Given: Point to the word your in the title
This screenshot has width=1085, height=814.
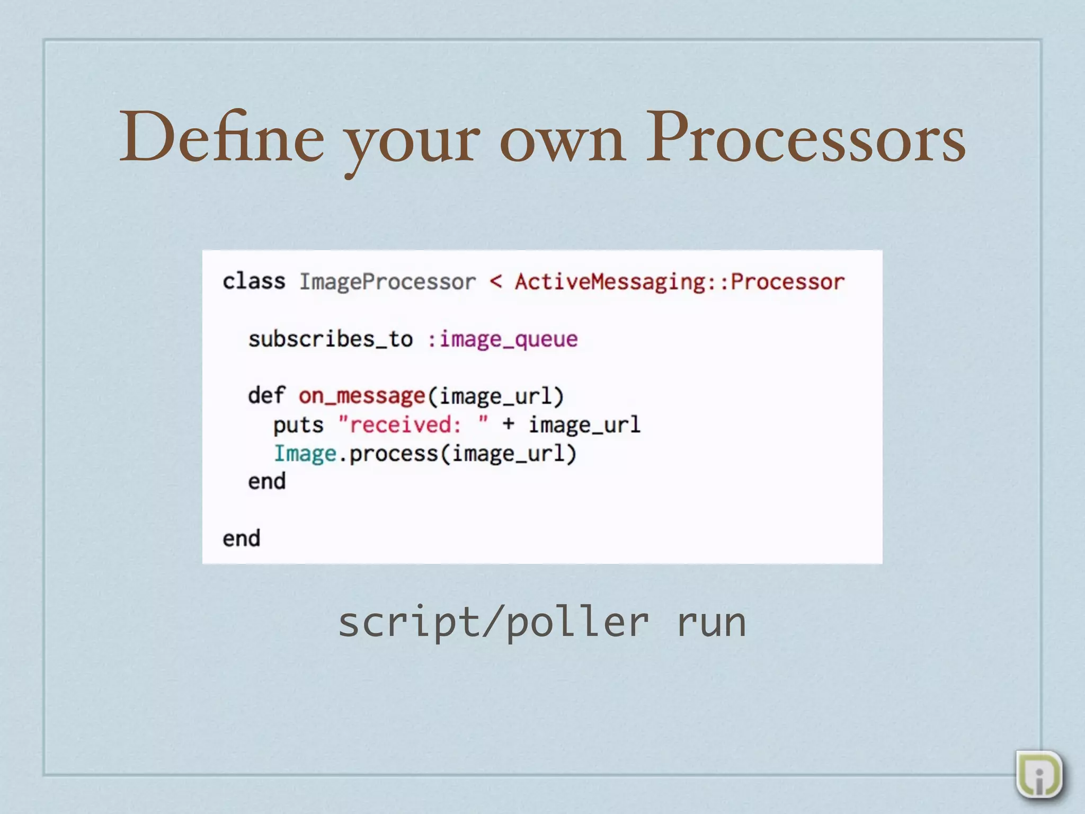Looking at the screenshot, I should pyautogui.click(x=413, y=142).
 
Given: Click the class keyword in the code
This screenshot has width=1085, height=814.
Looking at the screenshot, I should pyautogui.click(x=254, y=281).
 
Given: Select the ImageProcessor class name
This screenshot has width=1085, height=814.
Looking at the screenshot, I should pyautogui.click(x=387, y=282).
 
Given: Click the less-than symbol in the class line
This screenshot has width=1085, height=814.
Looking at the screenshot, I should pyautogui.click(x=496, y=281).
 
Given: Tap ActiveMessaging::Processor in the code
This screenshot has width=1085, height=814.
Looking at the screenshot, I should pyautogui.click(x=680, y=282).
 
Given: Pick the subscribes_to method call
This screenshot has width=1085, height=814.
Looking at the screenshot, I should pyautogui.click(x=331, y=339).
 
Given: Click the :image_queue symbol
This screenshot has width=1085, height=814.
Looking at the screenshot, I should pyautogui.click(x=502, y=339).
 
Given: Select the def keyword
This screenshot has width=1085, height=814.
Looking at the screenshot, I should pyautogui.click(x=266, y=395).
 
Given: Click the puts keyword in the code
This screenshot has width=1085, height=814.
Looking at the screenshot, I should pyautogui.click(x=298, y=425).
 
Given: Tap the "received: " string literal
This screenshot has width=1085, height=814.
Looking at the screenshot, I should pyautogui.click(x=413, y=424).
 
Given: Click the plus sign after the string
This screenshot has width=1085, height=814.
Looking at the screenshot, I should pyautogui.click(x=508, y=424).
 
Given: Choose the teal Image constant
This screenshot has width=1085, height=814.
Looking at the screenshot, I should pyautogui.click(x=305, y=454).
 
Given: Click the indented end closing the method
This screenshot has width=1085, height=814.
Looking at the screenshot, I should pyautogui.click(x=266, y=482).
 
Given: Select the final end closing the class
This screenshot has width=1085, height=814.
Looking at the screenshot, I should pyautogui.click(x=241, y=539).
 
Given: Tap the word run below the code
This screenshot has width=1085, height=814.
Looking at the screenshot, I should pyautogui.click(x=711, y=623).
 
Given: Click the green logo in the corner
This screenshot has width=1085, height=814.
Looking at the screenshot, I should pyautogui.click(x=1039, y=774).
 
